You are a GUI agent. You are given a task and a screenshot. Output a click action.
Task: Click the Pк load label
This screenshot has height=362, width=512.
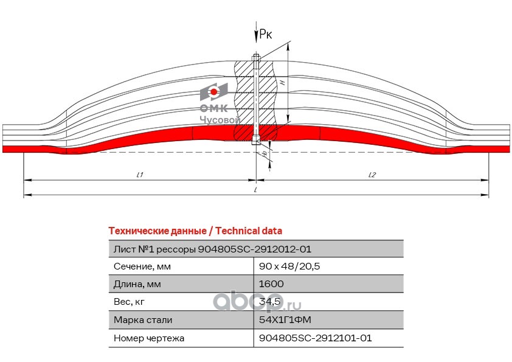[x=265, y=35]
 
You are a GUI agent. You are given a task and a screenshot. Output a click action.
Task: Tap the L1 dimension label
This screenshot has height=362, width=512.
[x=139, y=175]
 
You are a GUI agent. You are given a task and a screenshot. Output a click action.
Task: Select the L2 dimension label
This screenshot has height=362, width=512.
[x=372, y=175]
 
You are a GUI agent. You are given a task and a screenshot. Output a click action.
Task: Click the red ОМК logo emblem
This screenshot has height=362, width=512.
[x=213, y=92]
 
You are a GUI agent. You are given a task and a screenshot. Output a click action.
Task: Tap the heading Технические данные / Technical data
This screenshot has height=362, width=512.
[x=195, y=231]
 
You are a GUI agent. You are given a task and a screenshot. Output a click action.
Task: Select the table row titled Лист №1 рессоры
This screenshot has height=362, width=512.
[x=212, y=249]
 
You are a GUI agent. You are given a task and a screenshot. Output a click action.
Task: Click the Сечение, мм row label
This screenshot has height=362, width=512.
[x=142, y=266]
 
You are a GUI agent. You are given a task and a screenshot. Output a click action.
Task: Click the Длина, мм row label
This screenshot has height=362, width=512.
[x=138, y=284]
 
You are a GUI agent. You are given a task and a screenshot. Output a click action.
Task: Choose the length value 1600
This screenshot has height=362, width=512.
[x=271, y=284]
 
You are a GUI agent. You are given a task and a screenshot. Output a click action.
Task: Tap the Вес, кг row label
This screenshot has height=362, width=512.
[x=129, y=302]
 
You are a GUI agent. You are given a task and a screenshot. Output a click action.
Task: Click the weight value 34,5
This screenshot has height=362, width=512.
[x=269, y=302]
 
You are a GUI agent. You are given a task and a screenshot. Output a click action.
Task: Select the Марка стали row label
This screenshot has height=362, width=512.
[x=143, y=319]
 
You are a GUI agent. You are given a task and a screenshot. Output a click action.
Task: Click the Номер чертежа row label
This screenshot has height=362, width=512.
[x=148, y=338]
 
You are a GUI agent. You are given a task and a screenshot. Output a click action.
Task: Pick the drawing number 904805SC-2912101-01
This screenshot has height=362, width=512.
[x=315, y=338]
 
